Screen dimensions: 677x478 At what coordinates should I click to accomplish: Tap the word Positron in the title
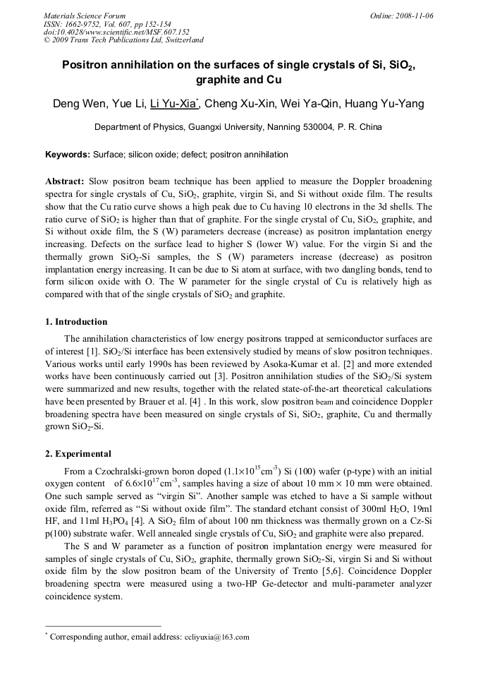(88, 66)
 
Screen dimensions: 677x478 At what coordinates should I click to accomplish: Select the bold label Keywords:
(68, 155)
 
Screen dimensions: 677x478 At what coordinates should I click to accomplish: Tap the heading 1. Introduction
(76, 322)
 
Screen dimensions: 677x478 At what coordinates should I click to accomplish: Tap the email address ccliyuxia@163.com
(216, 637)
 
